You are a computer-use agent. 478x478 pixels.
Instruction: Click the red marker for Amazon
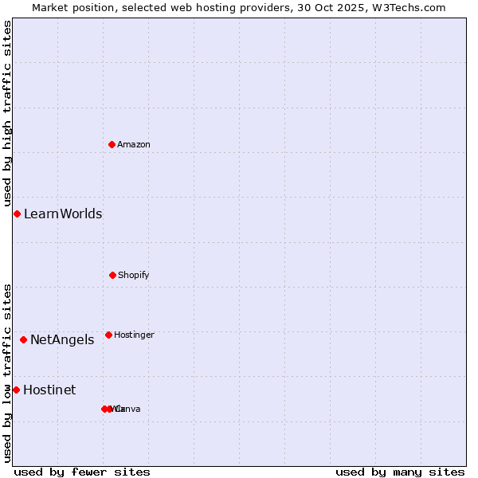click(112, 144)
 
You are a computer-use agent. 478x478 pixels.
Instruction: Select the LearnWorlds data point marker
click(17, 214)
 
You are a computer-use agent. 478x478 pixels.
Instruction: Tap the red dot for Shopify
click(112, 275)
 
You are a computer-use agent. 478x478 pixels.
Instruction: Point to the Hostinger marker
click(108, 335)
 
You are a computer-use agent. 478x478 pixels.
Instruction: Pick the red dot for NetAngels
click(23, 339)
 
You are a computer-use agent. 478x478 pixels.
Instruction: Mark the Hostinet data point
click(16, 390)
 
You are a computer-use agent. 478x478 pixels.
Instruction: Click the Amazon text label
click(134, 144)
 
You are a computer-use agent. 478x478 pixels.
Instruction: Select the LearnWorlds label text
click(63, 214)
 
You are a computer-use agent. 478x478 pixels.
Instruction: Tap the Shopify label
click(134, 275)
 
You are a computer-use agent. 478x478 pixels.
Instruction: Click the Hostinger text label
click(134, 335)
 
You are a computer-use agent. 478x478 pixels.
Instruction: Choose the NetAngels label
click(62, 339)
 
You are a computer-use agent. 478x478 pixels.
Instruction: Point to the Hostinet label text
click(49, 390)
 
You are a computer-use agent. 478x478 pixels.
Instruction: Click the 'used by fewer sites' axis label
click(82, 472)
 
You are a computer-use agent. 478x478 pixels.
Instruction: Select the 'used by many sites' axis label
click(400, 472)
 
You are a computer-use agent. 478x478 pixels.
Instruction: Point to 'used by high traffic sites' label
click(7, 113)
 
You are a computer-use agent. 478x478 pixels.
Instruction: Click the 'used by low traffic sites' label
click(7, 372)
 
